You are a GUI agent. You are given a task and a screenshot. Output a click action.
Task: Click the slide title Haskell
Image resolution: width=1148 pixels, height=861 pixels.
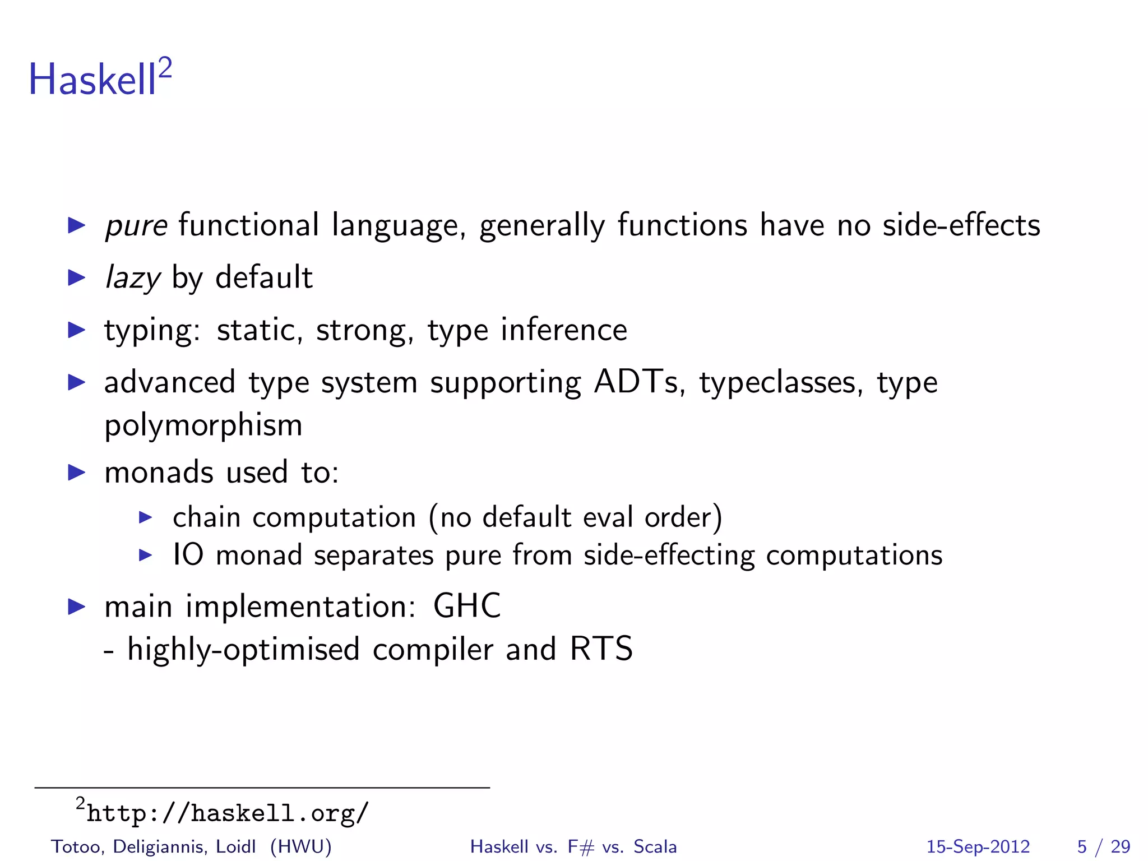(x=92, y=80)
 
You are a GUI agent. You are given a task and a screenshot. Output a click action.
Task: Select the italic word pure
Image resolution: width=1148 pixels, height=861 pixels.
(x=136, y=226)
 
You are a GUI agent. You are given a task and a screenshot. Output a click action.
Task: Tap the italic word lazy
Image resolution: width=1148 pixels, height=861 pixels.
(x=133, y=278)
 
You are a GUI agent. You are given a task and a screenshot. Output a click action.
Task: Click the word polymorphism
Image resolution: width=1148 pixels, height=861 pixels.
(x=203, y=425)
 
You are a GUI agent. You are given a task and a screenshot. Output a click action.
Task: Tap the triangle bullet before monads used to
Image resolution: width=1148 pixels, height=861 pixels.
(x=76, y=472)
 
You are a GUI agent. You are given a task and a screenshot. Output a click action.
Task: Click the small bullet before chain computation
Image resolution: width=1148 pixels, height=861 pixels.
(x=145, y=517)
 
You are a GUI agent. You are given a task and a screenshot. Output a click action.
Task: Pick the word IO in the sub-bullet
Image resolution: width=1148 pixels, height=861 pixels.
(x=188, y=555)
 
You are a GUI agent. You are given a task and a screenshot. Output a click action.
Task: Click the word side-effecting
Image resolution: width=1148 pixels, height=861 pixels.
(x=669, y=556)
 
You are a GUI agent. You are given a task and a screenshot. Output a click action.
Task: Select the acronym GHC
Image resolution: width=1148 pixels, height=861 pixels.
(x=466, y=606)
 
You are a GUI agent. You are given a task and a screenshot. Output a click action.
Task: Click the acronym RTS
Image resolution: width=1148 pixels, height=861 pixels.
(x=601, y=649)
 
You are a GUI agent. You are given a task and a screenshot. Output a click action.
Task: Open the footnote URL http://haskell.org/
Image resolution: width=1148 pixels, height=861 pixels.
(x=228, y=813)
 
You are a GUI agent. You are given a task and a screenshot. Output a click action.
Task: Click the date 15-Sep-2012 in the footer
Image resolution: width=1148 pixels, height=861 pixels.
(x=978, y=846)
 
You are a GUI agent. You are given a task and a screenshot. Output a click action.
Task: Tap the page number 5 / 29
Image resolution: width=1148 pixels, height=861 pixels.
(x=1103, y=846)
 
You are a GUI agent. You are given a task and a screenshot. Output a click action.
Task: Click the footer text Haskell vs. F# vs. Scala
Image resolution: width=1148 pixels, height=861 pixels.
(x=573, y=846)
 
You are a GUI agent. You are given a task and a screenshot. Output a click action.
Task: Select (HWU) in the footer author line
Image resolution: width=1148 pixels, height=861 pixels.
(x=300, y=846)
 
